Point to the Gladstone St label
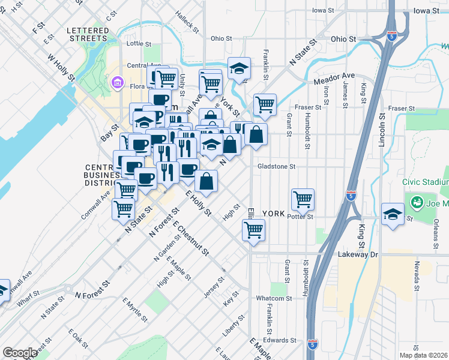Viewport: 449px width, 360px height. pyautogui.click(x=277, y=166)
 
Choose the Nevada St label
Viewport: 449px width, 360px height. pyautogui.click(x=415, y=274)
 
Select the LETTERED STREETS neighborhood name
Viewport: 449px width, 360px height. pyautogui.click(x=86, y=34)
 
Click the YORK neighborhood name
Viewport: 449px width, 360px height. pyautogui.click(x=273, y=214)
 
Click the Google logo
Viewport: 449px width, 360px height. pyautogui.click(x=20, y=353)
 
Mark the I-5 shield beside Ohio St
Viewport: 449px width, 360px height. pyautogui.click(x=391, y=35)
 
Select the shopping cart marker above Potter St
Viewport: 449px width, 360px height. pyautogui.click(x=303, y=199)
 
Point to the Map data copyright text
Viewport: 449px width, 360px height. pyautogui.click(x=424, y=355)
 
